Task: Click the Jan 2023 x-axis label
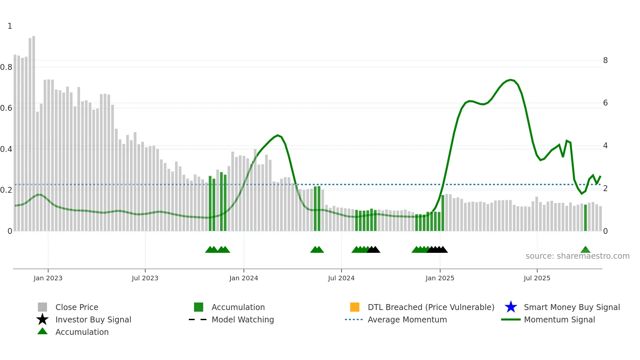[48, 278]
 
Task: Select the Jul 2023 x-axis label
[145, 278]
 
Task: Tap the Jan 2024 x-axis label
[244, 278]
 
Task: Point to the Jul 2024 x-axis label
[341, 278]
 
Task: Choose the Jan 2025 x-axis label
[440, 278]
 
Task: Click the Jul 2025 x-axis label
[537, 278]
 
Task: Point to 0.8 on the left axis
[6, 67]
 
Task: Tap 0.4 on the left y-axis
[6, 149]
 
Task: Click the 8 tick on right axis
[605, 60]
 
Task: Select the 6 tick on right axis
[605, 103]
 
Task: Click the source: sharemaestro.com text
[577, 256]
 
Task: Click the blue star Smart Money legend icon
[511, 307]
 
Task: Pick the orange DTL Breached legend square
[355, 307]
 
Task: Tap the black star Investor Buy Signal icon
[42, 319]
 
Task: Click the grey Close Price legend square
[42, 307]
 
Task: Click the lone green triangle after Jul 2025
[585, 250]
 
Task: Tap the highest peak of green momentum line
[511, 80]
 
